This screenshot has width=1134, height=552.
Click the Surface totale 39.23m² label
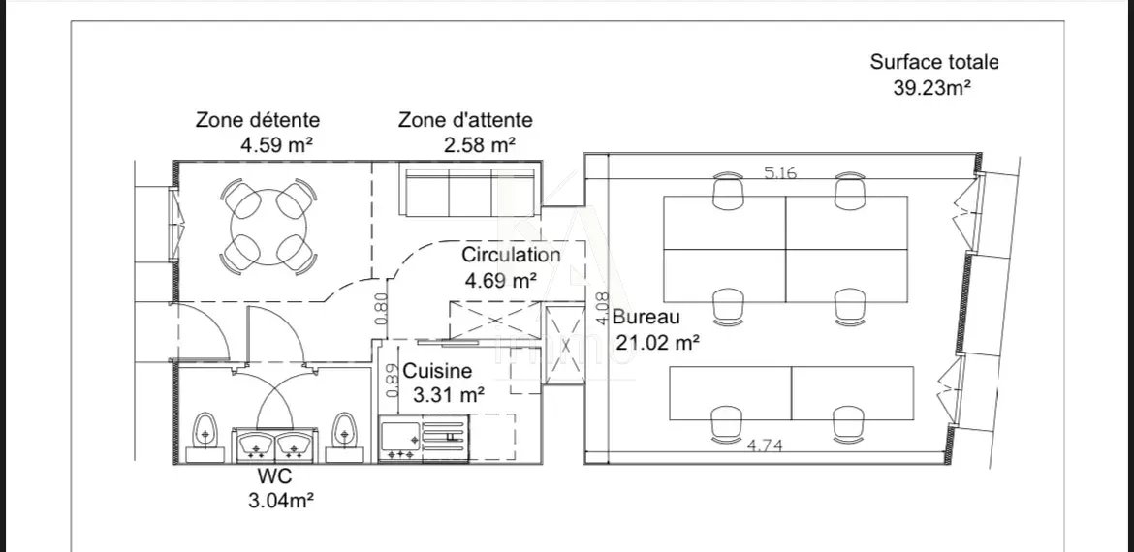[933, 75]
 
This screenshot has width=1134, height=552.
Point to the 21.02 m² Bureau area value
[657, 341]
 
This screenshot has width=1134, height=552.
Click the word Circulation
[511, 256]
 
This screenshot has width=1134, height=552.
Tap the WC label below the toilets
[275, 477]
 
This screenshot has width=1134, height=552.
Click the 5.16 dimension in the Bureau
[782, 174]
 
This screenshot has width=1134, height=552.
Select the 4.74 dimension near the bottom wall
[766, 446]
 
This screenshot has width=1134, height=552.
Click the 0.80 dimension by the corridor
[381, 307]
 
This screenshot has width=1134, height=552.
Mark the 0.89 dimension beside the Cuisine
[392, 381]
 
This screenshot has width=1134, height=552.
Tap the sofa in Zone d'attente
[468, 192]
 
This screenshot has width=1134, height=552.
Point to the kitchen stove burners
[400, 442]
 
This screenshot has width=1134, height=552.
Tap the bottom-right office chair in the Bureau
[848, 422]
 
